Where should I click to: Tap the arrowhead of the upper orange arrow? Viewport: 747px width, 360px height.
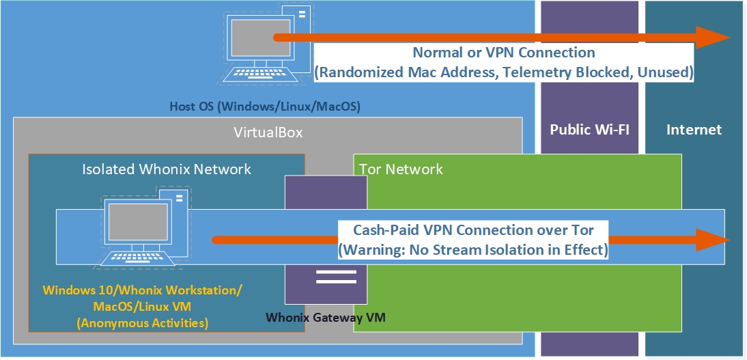point(713,37)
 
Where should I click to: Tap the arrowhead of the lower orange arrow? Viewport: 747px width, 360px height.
point(713,240)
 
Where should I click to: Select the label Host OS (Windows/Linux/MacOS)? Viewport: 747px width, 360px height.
point(264,107)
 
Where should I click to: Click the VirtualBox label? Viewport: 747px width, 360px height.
point(268,133)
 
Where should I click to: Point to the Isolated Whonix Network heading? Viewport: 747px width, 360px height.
point(167,169)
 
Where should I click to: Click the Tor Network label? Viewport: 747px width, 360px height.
point(401,169)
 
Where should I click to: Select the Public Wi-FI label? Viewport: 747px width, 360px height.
point(589,130)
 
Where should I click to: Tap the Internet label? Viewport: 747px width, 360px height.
point(694,130)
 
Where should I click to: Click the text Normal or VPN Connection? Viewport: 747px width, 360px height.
point(503,53)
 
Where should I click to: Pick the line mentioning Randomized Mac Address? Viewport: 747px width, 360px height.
point(503,72)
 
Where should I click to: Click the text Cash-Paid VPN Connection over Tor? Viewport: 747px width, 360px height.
point(473,230)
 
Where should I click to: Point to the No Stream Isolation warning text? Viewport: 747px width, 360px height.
point(473,249)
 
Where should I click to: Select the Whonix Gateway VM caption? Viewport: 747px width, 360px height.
point(326,317)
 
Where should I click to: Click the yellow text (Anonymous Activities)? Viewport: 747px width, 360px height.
point(142,322)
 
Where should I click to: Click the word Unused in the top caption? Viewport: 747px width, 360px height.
point(667,72)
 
